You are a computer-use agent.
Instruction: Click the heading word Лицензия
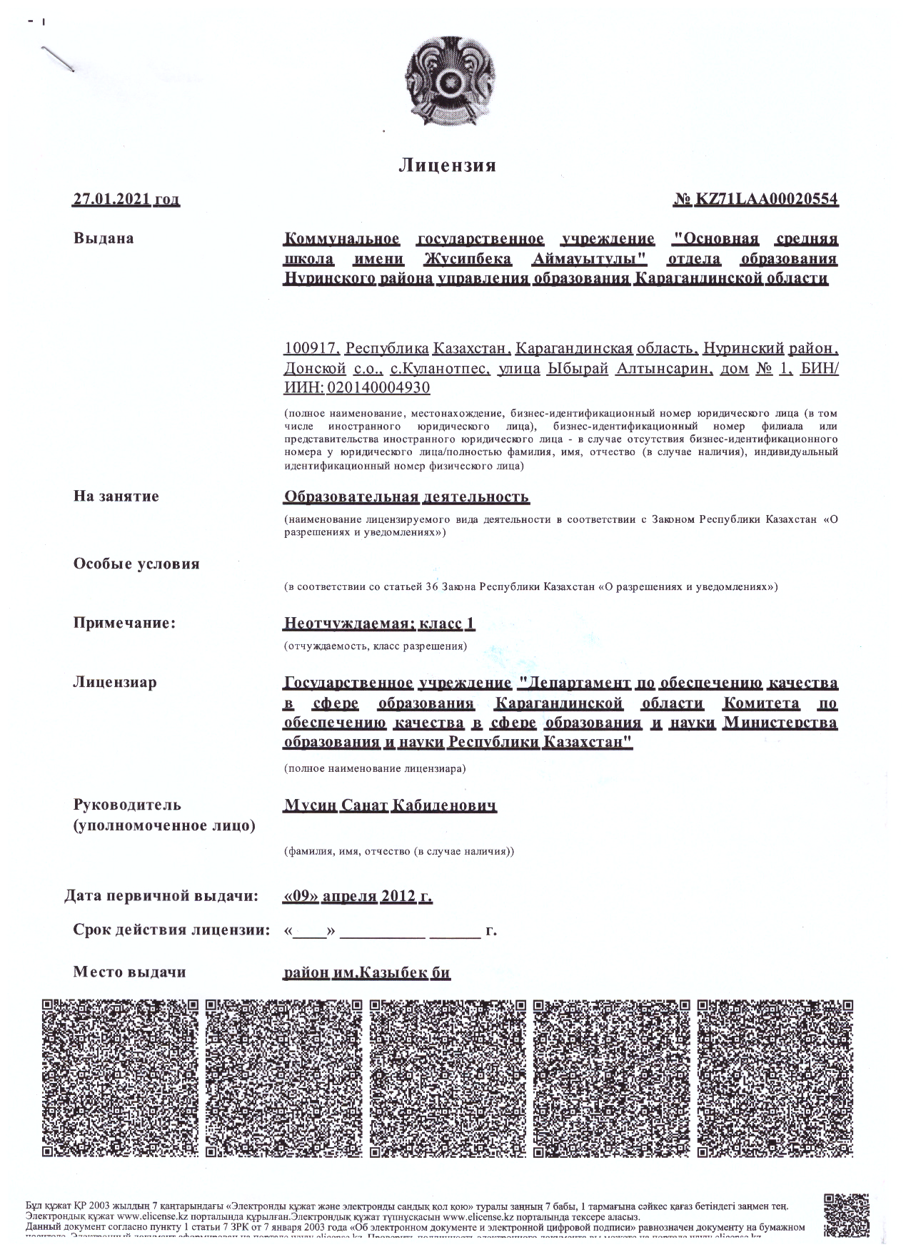447,166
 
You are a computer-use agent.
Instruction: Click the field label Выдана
104,238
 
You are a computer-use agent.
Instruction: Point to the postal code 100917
311,349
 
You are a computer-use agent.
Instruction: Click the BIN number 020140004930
378,388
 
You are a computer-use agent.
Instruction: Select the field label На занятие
116,496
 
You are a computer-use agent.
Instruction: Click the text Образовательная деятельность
406,497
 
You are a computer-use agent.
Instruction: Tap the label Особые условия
136,564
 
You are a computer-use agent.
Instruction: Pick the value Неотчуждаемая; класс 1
379,624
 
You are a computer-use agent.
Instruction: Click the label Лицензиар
115,682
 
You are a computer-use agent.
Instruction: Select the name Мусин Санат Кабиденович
390,805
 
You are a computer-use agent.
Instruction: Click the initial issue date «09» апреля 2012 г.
358,896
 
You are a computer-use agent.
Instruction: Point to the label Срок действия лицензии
171,930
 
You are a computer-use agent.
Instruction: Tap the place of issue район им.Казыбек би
367,972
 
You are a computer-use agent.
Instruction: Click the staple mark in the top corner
58,58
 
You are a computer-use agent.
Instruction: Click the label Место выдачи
129,972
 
